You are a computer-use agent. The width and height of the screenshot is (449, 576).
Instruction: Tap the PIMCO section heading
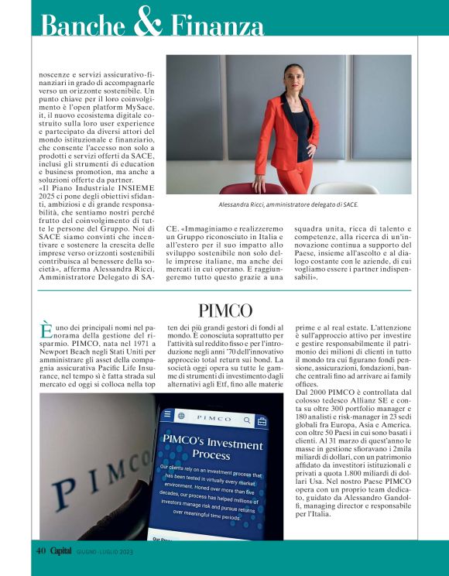tap(224, 311)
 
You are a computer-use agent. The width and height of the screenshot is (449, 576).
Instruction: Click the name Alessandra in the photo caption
tap(241, 205)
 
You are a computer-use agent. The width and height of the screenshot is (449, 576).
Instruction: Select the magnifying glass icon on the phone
tap(248, 420)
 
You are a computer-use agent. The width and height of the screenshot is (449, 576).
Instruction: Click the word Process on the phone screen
tap(211, 454)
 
